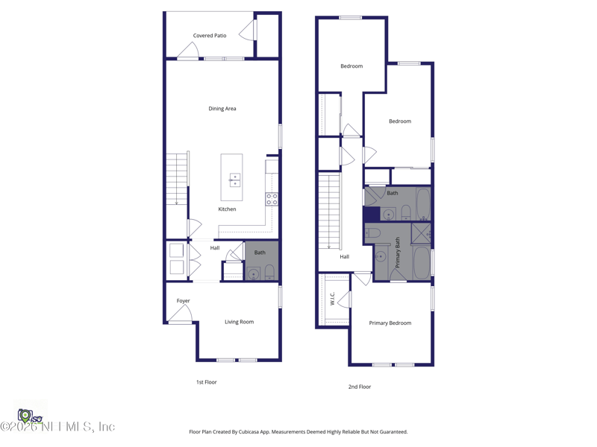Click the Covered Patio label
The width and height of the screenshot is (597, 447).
click(210, 36)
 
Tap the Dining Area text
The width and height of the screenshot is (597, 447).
click(222, 109)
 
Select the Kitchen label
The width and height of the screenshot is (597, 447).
click(227, 209)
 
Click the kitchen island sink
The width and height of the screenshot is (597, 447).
click(234, 179)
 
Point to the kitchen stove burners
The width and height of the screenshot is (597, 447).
click(272, 199)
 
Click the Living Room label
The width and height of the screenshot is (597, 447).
click(239, 322)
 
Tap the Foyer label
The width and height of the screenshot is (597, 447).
click(183, 301)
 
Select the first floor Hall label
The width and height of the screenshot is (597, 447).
click(215, 248)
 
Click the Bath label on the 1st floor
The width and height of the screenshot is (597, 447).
click(260, 253)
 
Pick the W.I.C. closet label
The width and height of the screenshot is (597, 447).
click(332, 298)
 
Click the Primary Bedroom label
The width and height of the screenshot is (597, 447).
click(390, 323)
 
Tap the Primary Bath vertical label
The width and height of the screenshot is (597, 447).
click(398, 253)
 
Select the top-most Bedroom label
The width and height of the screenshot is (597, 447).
click(351, 66)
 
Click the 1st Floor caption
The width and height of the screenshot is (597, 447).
click(207, 382)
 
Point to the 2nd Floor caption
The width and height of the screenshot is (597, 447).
click(360, 387)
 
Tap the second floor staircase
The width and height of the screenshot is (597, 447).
click(329, 212)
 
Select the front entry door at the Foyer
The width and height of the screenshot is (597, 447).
click(181, 317)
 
